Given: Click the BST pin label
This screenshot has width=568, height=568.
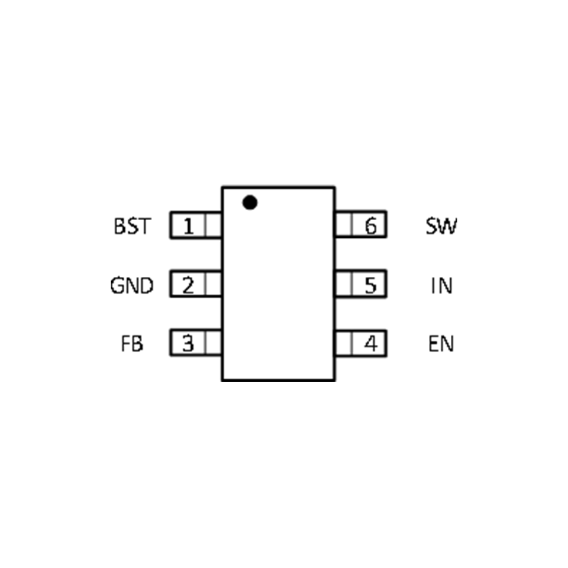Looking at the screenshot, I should pos(132,227).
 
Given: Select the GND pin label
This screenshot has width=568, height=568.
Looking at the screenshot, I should pos(132,286).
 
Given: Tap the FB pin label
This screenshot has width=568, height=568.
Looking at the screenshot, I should pos(132,344).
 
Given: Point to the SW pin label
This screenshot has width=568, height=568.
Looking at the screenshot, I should pos(442,227).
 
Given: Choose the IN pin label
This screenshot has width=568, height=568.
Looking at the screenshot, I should pos(442,286).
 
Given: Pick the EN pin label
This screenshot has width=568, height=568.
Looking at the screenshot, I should pos(442,344).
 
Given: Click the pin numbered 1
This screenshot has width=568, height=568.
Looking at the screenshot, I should pos(188,227).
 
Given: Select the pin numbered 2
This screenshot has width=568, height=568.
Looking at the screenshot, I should pos(188,286).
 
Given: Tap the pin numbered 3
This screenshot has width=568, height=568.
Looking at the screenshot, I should pos(188,344).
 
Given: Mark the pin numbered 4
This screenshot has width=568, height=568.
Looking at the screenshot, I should pos(370,344).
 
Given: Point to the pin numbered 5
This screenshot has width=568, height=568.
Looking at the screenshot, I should pos(370,286).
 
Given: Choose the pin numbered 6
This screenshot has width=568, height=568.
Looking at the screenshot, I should pos(370,227).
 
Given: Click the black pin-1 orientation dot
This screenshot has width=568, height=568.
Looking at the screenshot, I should pos(249,202).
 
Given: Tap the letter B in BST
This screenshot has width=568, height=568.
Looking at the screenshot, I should pos(119,227).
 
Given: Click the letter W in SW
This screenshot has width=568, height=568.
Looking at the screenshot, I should pos(449,227).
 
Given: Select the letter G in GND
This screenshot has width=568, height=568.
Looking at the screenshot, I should pos(118,286).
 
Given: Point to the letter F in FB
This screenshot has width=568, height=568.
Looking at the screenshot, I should pos(126,344).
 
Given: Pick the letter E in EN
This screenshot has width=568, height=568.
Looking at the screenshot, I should pos(434,344).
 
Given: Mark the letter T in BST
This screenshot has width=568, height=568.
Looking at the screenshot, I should pos(144,227).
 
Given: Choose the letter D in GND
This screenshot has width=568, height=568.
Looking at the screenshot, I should pos(146,286).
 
